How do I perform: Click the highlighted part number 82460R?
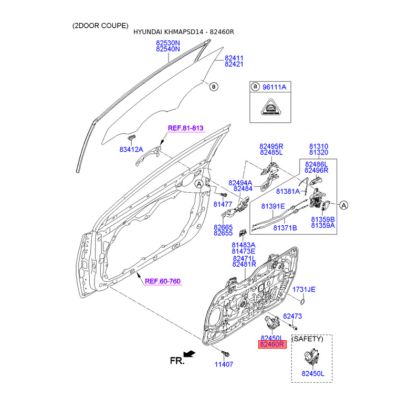271,345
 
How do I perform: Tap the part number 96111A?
274,87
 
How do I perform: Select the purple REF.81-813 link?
185,128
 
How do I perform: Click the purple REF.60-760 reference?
163,281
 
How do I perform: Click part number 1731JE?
304,289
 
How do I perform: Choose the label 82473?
292,316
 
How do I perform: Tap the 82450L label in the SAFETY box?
313,374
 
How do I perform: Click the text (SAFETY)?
308,340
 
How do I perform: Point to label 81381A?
288,191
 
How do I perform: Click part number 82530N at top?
168,42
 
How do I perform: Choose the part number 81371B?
285,228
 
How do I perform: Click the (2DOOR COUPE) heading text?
100,26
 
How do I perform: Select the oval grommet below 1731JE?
303,301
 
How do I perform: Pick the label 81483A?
243,245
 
